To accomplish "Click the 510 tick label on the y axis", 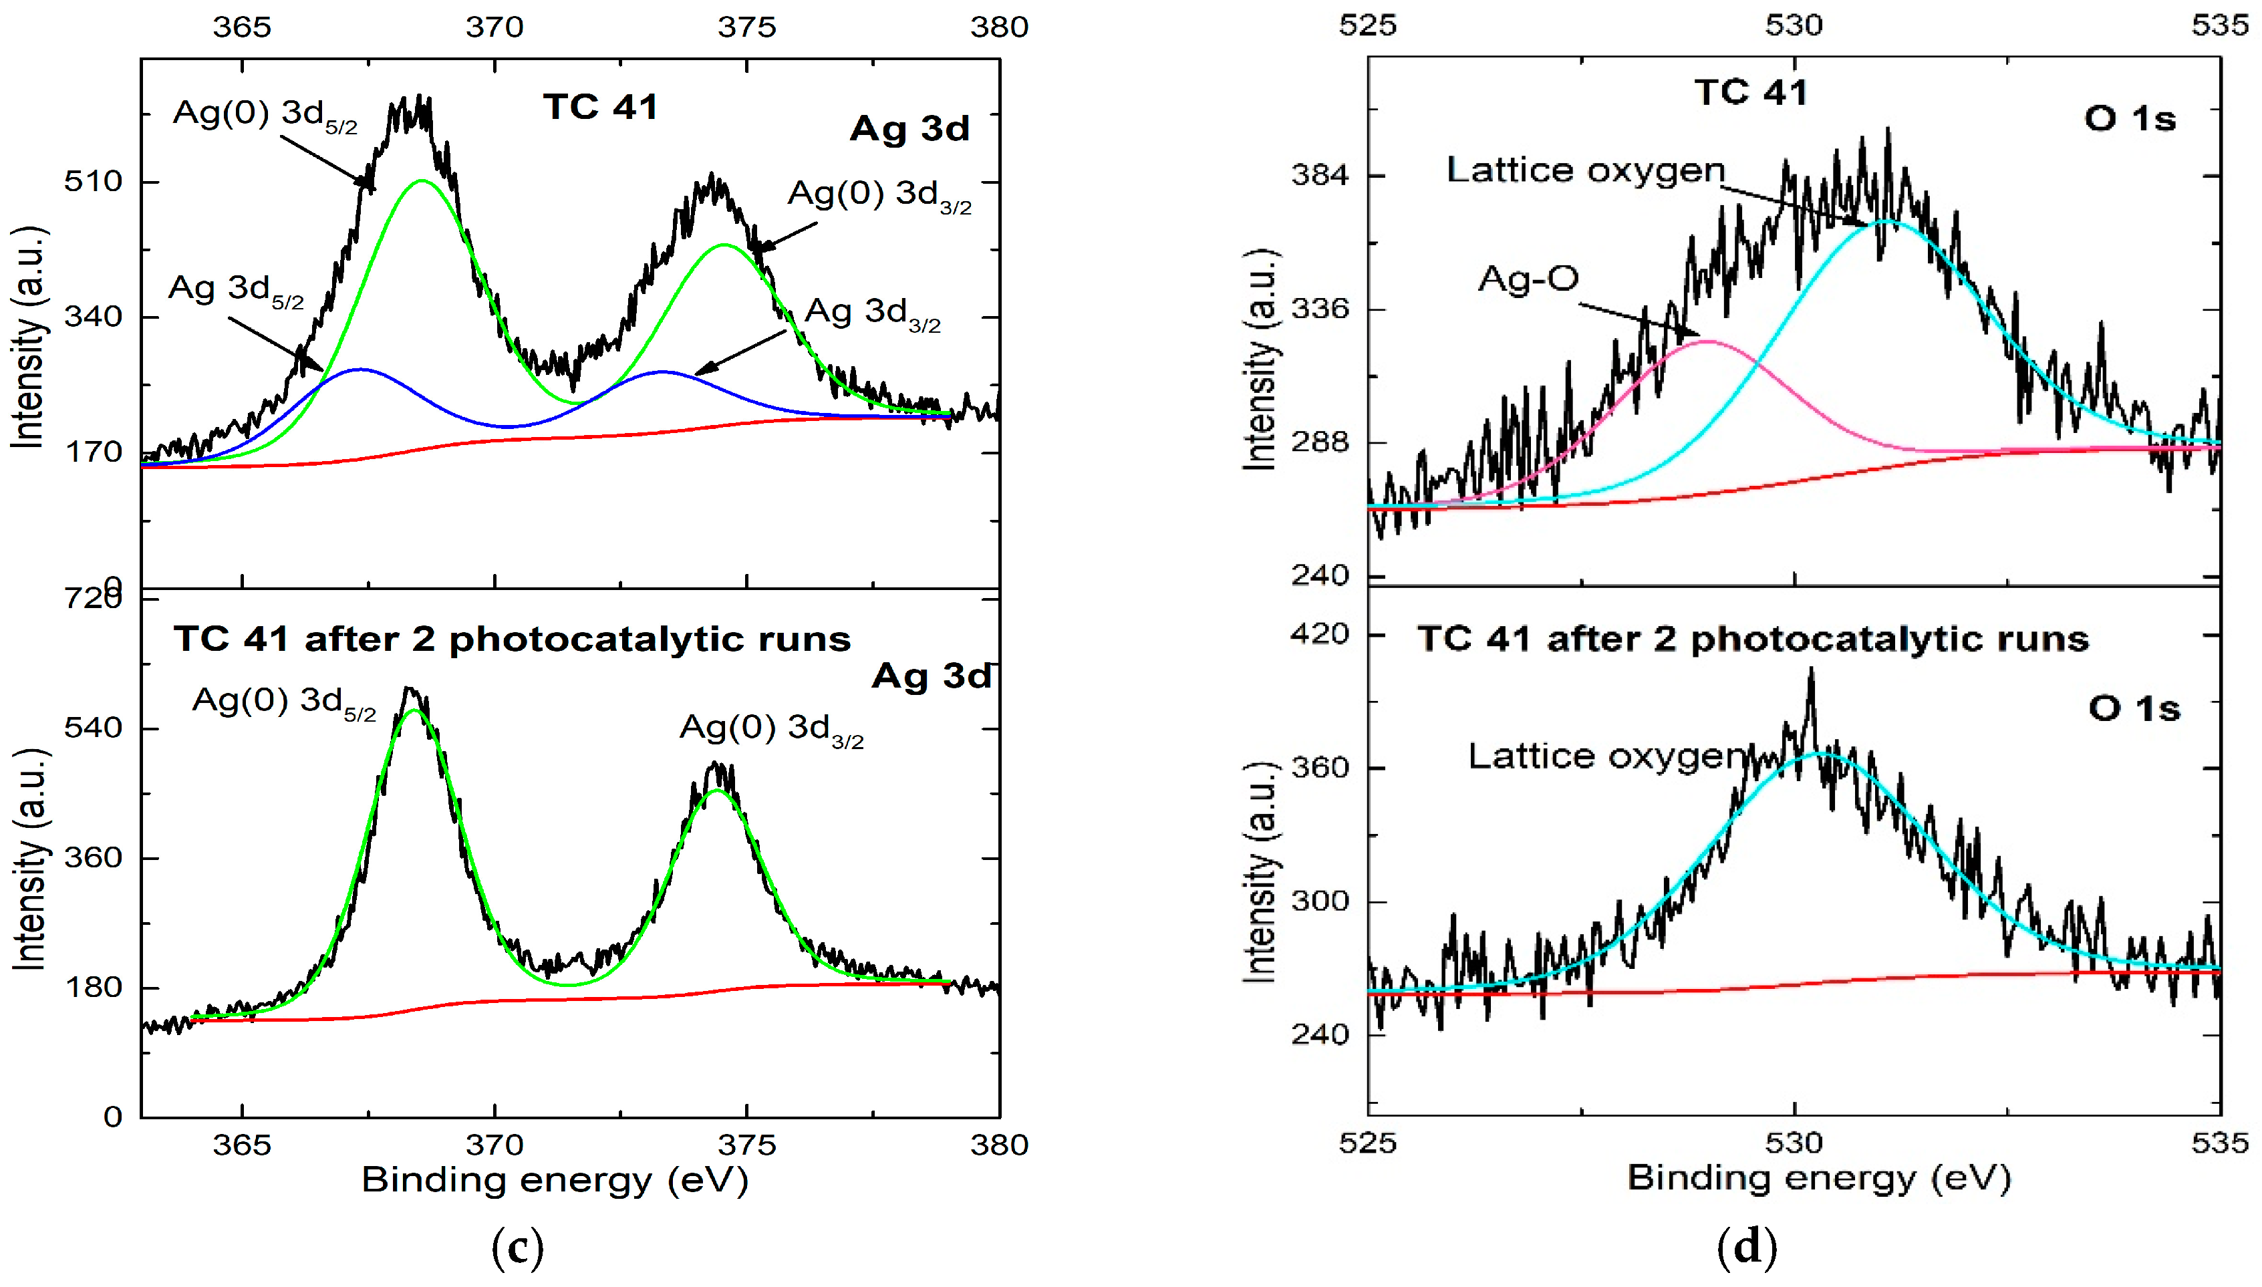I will point(93,181).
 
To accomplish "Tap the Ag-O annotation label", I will point(1528,279).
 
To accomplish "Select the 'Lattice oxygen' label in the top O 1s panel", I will point(1586,170).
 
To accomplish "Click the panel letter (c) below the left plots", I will point(517,1247).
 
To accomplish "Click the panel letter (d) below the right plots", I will point(1745,1247).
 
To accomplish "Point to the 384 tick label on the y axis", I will point(1320,175).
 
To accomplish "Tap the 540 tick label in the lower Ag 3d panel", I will point(93,728).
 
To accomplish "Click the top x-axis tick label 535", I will point(2220,25).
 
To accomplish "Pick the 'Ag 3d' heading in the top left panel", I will point(909,129).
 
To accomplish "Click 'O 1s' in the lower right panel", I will point(2134,709).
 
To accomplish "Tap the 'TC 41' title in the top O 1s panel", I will point(1750,93).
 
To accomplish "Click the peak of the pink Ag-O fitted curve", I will point(1708,341).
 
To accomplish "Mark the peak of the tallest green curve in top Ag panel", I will point(422,180).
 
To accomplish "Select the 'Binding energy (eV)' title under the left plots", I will point(555,1180).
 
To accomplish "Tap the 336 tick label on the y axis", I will point(1320,309).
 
